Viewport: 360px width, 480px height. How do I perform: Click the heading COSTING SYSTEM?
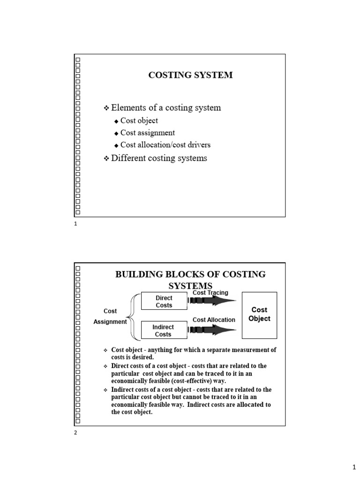pyautogui.click(x=190, y=75)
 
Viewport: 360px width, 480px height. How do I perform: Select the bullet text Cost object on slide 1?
pyautogui.click(x=139, y=120)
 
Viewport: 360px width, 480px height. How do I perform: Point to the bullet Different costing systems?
pyautogui.click(x=158, y=158)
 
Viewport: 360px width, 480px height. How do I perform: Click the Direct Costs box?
pyautogui.click(x=164, y=301)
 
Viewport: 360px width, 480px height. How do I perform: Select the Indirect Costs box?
pyautogui.click(x=163, y=330)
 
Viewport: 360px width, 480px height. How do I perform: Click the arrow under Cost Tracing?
pyautogui.click(x=213, y=301)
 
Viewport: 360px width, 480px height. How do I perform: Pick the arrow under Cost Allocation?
pyautogui.click(x=213, y=330)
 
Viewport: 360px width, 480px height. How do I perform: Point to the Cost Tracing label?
pyautogui.click(x=210, y=293)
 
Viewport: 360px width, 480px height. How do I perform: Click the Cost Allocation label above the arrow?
pyautogui.click(x=214, y=320)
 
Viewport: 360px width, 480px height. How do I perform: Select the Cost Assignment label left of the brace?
pyautogui.click(x=110, y=316)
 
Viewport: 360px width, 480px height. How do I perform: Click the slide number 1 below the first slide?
pyautogui.click(x=75, y=225)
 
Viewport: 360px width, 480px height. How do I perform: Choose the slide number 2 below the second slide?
pyautogui.click(x=76, y=433)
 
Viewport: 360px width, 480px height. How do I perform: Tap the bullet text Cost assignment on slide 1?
pyautogui.click(x=147, y=133)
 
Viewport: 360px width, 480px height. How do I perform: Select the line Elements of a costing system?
pyautogui.click(x=165, y=108)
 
